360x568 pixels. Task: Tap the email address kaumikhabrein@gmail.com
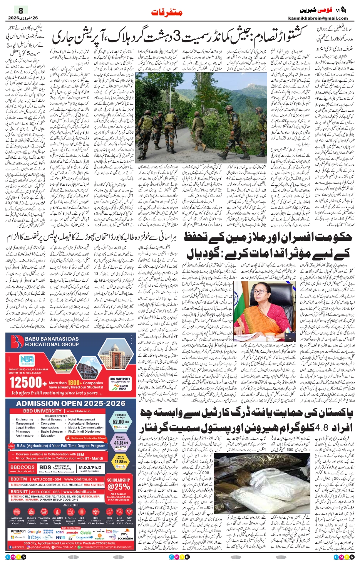(x=318, y=18)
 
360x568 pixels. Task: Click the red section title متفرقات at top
(x=167, y=13)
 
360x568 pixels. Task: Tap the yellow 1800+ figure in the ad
(x=74, y=383)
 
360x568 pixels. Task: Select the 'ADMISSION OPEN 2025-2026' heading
(x=71, y=403)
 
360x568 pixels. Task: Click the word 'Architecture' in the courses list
(x=25, y=435)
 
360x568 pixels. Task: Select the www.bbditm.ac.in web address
(x=80, y=479)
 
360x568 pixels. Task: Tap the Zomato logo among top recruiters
(x=72, y=532)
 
